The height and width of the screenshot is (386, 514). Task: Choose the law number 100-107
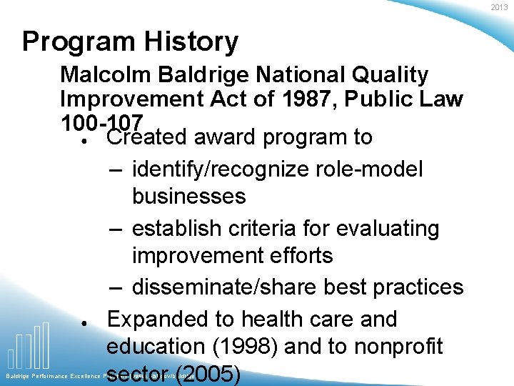[x=102, y=122]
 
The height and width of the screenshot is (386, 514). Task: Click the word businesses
[x=188, y=196]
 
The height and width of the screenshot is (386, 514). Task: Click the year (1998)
[x=247, y=347]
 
